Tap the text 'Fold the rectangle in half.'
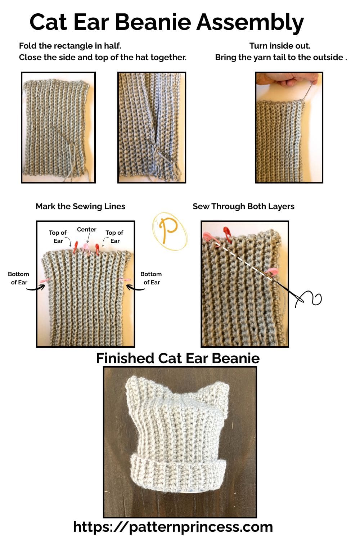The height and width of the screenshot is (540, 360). click(x=70, y=46)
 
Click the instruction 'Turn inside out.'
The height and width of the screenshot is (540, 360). click(x=280, y=46)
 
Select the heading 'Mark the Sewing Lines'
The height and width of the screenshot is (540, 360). click(x=80, y=206)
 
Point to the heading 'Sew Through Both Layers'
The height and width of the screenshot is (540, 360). click(x=243, y=206)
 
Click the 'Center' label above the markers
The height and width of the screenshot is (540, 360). click(x=86, y=229)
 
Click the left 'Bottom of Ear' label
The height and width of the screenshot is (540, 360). click(x=18, y=278)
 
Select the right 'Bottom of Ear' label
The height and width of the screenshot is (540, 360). click(x=151, y=278)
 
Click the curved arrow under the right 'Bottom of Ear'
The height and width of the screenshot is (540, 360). click(x=136, y=288)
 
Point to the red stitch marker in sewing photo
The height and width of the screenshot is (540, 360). click(x=227, y=233)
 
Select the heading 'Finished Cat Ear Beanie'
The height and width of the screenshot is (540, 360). click(x=177, y=358)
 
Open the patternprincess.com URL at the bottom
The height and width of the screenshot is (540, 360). click(x=173, y=527)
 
